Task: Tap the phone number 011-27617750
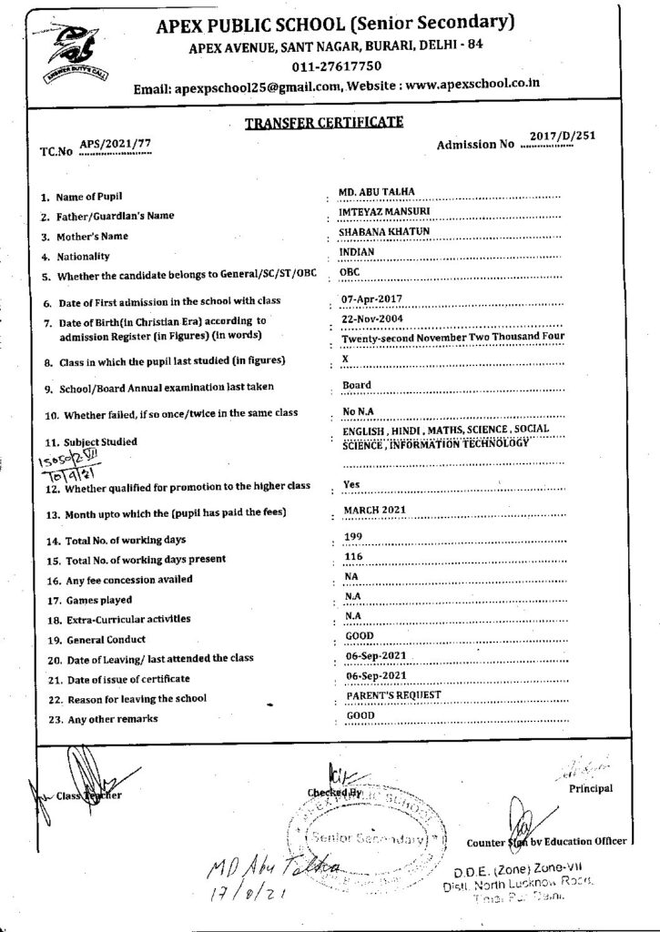coord(337,66)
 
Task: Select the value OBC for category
coord(349,272)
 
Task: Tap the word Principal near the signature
coord(591,788)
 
